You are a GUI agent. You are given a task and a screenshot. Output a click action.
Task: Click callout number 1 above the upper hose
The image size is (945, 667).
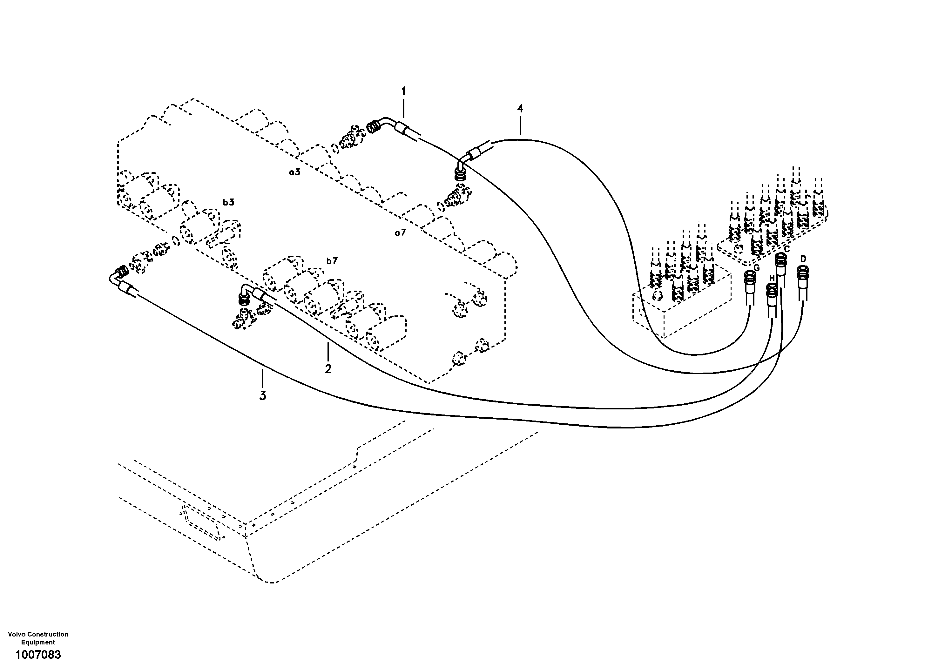[403, 90]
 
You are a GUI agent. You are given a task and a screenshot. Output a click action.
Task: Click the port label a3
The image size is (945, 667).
[294, 172]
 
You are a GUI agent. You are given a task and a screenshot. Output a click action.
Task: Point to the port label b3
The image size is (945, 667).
[228, 202]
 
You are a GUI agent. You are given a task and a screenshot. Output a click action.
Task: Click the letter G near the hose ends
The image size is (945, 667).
[757, 267]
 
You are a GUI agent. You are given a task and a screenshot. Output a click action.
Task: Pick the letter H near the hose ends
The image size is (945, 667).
[772, 279]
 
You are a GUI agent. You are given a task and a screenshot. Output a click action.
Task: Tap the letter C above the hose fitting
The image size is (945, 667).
[786, 249]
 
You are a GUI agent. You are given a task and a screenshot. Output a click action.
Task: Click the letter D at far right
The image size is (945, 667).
[803, 259]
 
